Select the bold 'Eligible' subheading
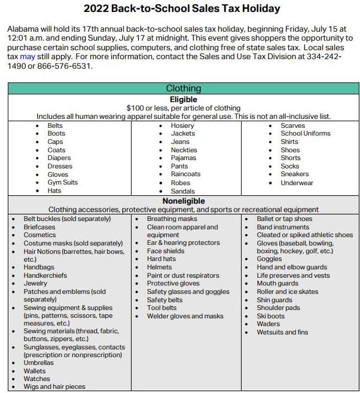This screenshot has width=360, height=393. (x=183, y=99)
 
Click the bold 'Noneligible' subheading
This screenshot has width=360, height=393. (x=183, y=201)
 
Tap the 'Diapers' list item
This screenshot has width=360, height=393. (x=59, y=158)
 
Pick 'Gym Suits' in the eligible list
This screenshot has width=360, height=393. (x=63, y=182)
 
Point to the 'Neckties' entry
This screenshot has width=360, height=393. (x=184, y=150)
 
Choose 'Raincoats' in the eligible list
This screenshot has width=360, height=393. (x=186, y=174)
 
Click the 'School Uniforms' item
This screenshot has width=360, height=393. (x=306, y=134)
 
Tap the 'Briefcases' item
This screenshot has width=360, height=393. (x=39, y=227)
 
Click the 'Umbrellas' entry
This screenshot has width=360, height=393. (x=38, y=363)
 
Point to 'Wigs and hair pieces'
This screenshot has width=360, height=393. (x=54, y=386)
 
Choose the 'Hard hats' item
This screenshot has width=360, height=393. (x=161, y=259)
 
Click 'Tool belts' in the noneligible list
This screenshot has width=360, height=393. (x=162, y=308)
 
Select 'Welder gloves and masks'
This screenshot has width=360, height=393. (x=185, y=316)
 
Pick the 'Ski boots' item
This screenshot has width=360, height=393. (x=271, y=316)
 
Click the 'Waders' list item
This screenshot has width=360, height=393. (x=268, y=324)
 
